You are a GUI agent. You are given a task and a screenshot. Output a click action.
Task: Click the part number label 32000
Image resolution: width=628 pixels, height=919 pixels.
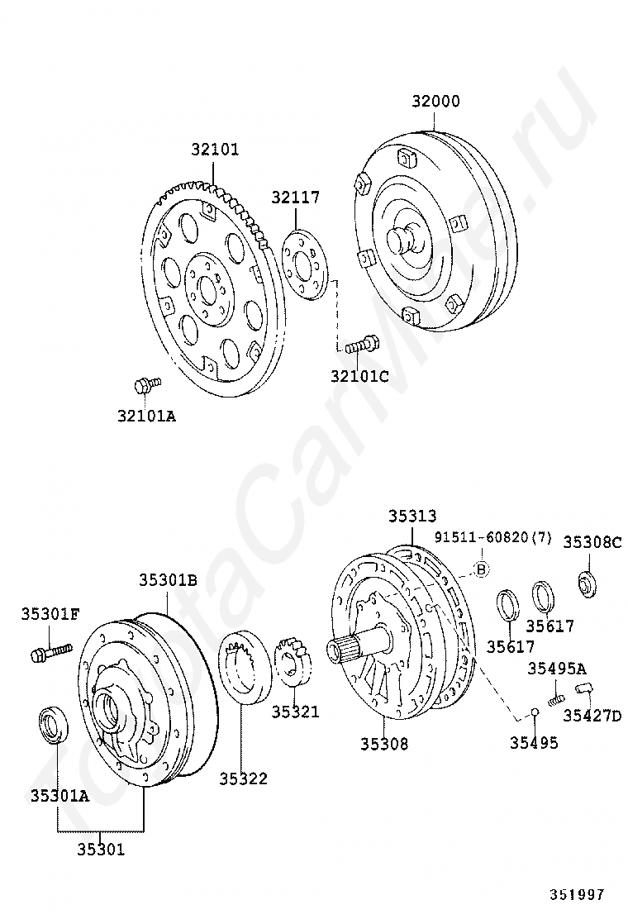click(435, 102)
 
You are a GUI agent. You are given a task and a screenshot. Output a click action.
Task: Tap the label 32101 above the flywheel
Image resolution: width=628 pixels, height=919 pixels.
click(215, 150)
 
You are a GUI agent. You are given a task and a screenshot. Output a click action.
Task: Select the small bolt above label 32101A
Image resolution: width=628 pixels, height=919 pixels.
click(146, 384)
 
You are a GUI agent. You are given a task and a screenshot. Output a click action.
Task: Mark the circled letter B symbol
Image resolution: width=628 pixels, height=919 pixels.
click(482, 569)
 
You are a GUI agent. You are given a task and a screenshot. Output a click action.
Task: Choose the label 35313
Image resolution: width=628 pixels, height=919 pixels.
click(412, 517)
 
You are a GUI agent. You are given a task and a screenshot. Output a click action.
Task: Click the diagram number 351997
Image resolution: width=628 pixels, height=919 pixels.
click(578, 895)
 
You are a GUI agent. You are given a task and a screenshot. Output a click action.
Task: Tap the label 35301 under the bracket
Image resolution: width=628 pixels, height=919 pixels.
click(101, 849)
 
